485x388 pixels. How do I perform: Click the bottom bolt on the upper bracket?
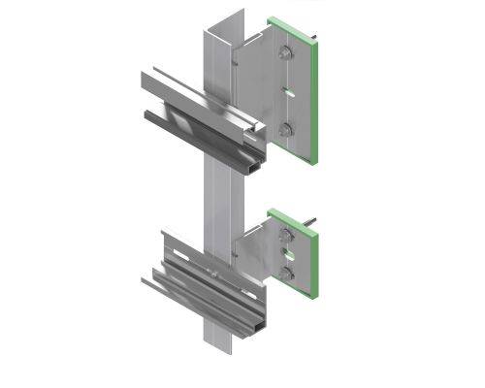click(x=284, y=127)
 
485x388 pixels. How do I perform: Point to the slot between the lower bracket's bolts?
click(x=286, y=257)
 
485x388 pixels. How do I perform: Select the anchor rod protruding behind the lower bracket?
click(x=318, y=230)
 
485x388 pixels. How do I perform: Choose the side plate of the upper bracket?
click(x=258, y=87)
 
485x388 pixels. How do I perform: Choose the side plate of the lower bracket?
click(x=254, y=254)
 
